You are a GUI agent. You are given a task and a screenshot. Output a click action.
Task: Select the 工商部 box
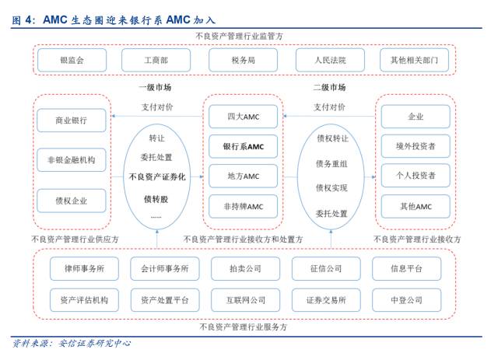coord(156,60)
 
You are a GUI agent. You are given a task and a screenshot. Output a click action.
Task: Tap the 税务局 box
coord(243,60)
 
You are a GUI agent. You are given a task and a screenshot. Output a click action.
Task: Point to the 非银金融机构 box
coord(72,162)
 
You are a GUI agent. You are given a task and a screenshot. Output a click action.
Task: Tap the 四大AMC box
coord(243,117)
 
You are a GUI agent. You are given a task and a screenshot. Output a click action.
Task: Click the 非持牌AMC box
coord(243,205)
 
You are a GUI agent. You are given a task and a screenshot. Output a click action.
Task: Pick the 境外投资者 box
coord(416,145)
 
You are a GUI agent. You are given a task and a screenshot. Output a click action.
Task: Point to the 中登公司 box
coord(407,299)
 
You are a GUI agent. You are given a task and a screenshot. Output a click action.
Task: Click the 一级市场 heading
coord(156,88)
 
